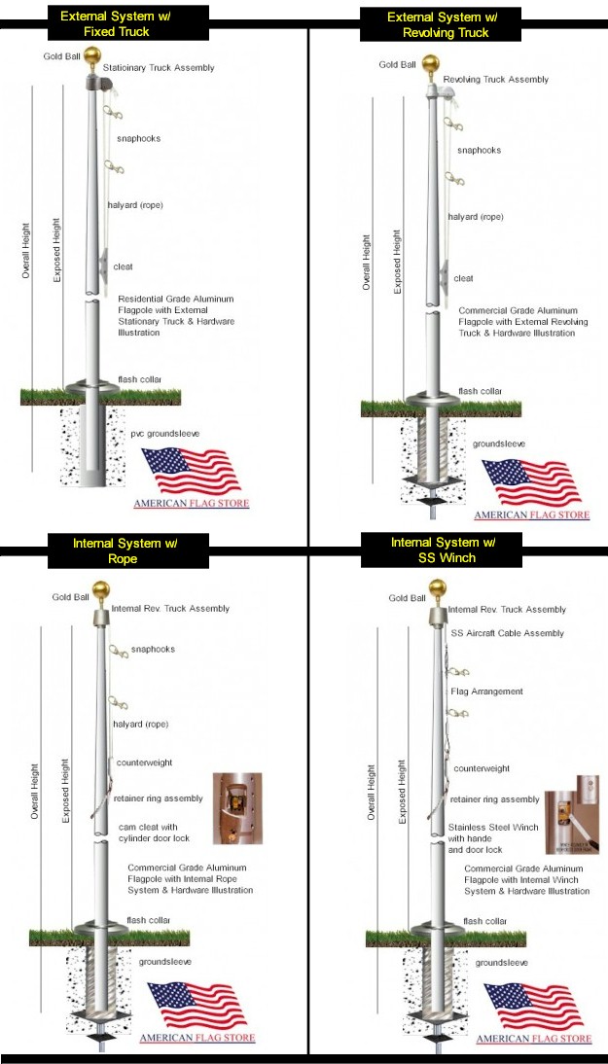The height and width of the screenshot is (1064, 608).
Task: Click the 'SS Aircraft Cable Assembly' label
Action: click(507, 633)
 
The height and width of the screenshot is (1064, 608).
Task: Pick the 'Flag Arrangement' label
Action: click(487, 692)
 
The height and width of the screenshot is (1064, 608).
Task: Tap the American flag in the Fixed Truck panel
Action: click(191, 472)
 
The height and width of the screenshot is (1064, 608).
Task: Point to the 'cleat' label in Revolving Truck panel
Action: click(464, 278)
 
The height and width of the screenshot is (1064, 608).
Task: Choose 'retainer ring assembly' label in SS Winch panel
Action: click(494, 799)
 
